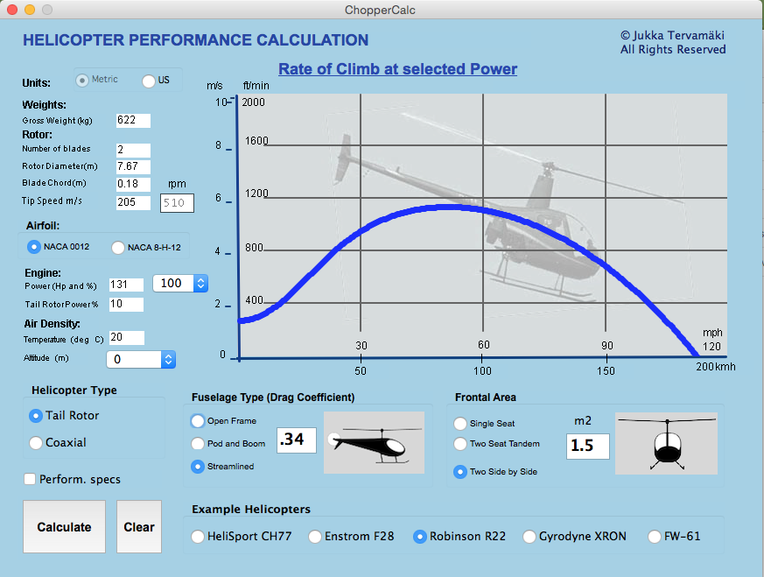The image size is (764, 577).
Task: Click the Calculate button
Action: coord(64,527)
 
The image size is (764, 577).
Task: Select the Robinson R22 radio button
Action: coord(420,537)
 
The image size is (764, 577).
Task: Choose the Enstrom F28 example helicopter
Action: coord(315,537)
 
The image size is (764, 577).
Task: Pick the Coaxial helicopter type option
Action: coord(36,443)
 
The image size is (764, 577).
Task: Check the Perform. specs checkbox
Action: coord(31,479)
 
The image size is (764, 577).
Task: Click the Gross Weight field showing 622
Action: coord(132,120)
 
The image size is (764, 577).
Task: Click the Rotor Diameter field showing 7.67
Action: coord(132,166)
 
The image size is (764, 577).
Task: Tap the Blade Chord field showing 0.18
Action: coord(132,184)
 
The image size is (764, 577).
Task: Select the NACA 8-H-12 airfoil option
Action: coord(118,248)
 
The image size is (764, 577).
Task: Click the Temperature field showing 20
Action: coord(126,338)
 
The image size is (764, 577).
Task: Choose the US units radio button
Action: coord(149,81)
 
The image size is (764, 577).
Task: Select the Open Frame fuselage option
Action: coord(198,421)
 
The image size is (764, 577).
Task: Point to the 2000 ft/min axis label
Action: coord(254,102)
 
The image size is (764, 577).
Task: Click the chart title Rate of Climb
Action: coord(397,69)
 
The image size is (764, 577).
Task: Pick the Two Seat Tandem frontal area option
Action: coord(460,444)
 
